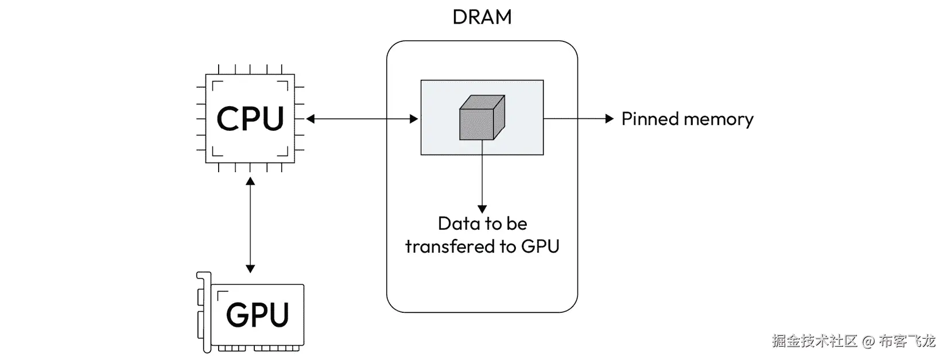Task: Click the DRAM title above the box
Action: coord(482,17)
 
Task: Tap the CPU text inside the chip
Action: coord(250,118)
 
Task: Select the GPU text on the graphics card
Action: coord(257,315)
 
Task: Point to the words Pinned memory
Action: coord(687,119)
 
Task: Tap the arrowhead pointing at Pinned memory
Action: coord(610,119)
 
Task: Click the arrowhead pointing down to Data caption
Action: coord(482,209)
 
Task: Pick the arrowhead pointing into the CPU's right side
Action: coord(311,119)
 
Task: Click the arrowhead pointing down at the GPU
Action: coord(250,268)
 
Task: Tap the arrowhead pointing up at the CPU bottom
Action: coord(250,181)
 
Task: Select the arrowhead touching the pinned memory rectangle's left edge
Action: coord(414,119)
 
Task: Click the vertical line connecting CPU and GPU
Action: coord(250,224)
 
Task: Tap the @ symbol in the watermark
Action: coord(868,342)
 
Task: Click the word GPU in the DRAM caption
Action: coord(540,246)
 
